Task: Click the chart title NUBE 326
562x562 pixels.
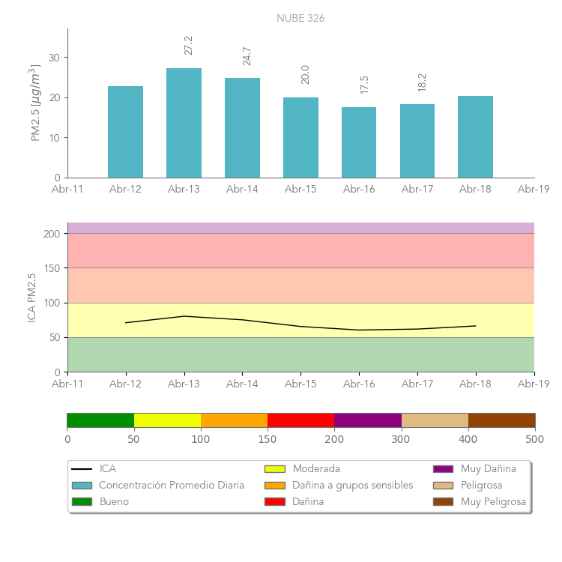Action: pyautogui.click(x=300, y=18)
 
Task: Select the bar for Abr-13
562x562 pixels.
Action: pyautogui.click(x=184, y=123)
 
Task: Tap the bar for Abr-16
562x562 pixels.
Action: pyautogui.click(x=359, y=142)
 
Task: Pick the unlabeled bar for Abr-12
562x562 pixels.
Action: pyautogui.click(x=125, y=132)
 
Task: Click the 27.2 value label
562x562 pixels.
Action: pyautogui.click(x=189, y=45)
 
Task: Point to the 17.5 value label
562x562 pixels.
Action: pyautogui.click(x=364, y=84)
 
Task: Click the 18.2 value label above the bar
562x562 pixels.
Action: pyautogui.click(x=422, y=82)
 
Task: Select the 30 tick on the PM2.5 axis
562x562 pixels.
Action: pyautogui.click(x=55, y=58)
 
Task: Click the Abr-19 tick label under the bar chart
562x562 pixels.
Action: pyautogui.click(x=534, y=190)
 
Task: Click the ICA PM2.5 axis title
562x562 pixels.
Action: pyautogui.click(x=31, y=297)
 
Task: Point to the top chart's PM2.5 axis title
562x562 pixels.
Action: pyautogui.click(x=34, y=103)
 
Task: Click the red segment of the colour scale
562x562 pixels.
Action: pyautogui.click(x=300, y=420)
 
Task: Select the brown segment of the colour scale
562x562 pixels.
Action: pyautogui.click(x=501, y=420)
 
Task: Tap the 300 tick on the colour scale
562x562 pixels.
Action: pyautogui.click(x=401, y=439)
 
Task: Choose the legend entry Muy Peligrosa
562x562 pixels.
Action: pyautogui.click(x=493, y=501)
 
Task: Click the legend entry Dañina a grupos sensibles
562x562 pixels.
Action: pyautogui.click(x=352, y=485)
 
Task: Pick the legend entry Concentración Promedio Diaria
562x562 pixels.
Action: pyautogui.click(x=172, y=485)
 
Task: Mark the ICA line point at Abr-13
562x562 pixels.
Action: pyautogui.click(x=184, y=316)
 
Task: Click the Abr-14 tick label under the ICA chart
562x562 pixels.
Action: pyautogui.click(x=242, y=384)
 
